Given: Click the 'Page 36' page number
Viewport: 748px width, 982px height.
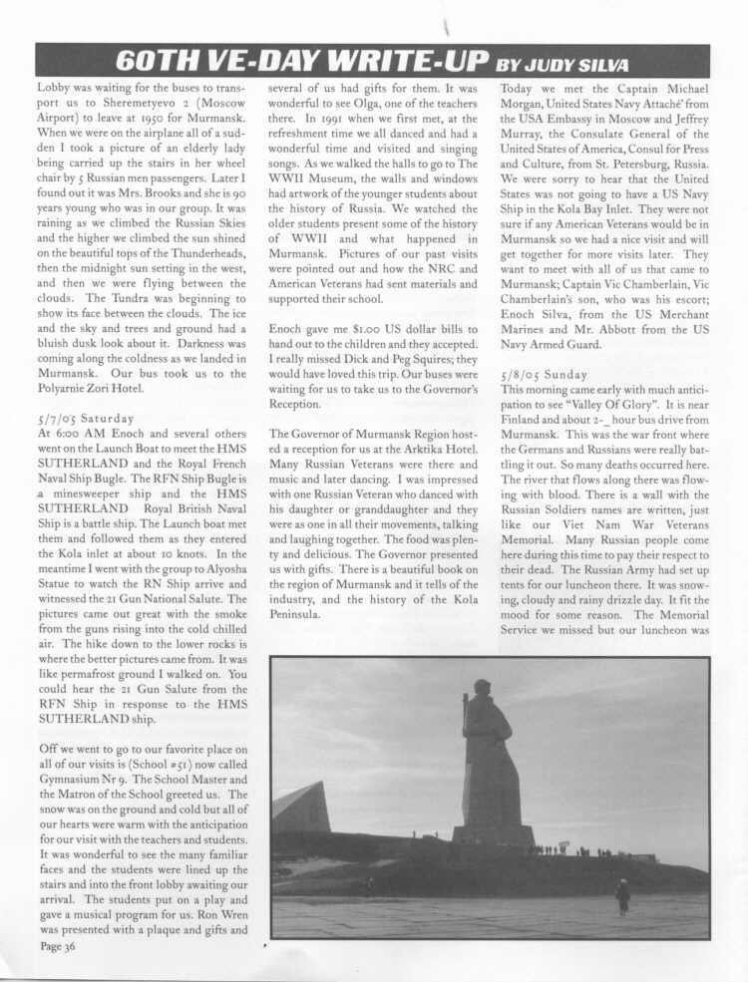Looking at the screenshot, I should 59,946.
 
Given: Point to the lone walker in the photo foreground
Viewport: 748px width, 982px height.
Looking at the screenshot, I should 623,895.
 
